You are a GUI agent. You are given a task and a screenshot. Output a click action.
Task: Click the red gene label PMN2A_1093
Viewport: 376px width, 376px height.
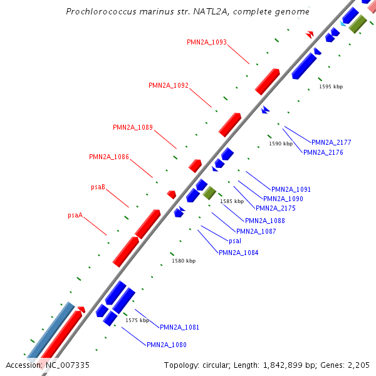[x=207, y=43]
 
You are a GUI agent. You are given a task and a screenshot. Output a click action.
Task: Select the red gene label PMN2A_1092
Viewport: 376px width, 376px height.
[x=169, y=85]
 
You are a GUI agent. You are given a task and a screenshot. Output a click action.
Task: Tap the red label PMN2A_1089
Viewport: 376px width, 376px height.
[x=133, y=127]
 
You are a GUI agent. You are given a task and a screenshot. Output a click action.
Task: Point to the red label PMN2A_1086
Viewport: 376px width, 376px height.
[x=109, y=157]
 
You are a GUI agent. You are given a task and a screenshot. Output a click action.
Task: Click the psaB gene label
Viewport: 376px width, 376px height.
[x=98, y=187]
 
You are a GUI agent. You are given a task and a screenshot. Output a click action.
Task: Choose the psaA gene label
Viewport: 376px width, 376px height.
[x=75, y=215]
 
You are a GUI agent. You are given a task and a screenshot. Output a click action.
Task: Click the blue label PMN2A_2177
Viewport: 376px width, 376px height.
[x=331, y=142]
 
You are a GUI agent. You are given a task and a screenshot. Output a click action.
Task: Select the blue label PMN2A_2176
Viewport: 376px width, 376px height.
[x=323, y=152]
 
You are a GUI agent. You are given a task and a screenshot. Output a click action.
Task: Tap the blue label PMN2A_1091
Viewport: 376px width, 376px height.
[x=291, y=189]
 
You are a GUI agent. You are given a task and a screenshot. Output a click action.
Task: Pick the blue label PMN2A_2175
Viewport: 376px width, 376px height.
[x=276, y=208]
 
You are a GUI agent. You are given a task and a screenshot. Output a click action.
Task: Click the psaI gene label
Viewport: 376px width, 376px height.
[x=235, y=241]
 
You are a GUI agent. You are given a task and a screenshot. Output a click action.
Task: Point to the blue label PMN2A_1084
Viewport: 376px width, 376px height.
[x=238, y=253]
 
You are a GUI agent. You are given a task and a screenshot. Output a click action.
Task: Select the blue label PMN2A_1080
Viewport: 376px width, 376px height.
[x=167, y=345]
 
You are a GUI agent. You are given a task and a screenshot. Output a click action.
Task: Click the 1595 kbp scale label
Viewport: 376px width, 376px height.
[x=331, y=86]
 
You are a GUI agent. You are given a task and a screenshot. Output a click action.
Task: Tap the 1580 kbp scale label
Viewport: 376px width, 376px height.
[x=184, y=261]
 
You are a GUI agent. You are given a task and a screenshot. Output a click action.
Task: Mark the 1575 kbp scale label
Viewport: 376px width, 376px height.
[x=137, y=320]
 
